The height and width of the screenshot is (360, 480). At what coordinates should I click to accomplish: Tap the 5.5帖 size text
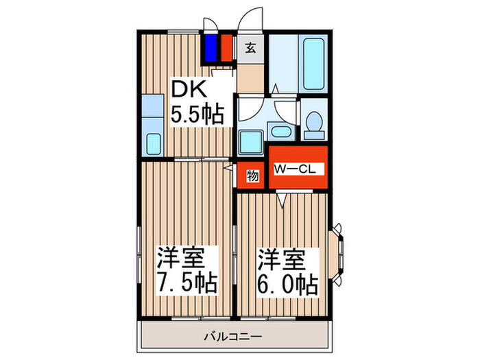[197, 115]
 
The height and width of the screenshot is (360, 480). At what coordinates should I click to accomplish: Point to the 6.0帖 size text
[287, 282]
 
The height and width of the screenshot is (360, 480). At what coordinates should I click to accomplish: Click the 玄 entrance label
[250, 49]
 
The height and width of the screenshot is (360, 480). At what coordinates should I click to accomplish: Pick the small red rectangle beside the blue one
[226, 47]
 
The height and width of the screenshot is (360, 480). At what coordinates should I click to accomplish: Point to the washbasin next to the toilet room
[280, 132]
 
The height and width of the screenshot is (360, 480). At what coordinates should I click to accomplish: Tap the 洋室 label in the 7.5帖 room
[182, 257]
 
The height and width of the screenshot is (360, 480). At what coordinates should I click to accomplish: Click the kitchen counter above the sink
[153, 110]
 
